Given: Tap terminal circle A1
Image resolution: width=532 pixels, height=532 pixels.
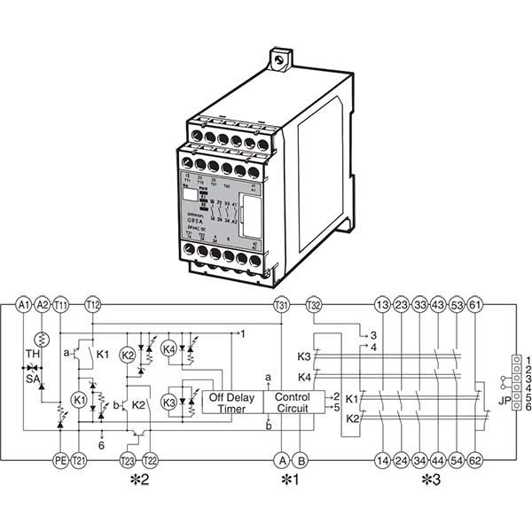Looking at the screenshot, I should (23, 305).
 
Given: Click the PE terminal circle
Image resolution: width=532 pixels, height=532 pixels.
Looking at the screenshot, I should (60, 460).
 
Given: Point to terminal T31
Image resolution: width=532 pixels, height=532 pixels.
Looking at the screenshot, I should (282, 305).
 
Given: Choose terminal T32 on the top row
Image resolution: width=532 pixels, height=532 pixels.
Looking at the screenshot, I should (313, 305).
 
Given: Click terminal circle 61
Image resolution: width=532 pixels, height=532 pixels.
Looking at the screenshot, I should (475, 305).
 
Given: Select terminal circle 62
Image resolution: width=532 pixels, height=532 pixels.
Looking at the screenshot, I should (475, 460).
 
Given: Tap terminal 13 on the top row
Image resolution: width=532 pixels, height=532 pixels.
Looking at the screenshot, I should (382, 305).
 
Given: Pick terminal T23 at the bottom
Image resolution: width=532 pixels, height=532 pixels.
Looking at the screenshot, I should (128, 460).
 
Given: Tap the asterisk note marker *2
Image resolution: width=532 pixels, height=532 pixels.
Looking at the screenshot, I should (139, 481).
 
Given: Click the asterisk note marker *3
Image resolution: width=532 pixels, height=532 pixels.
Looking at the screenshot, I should (430, 481).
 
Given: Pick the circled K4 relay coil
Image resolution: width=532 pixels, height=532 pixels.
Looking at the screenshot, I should (169, 349).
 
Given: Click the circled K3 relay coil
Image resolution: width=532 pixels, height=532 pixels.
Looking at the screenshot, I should (168, 403).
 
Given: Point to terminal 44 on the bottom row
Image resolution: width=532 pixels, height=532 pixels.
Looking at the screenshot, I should (438, 460).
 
